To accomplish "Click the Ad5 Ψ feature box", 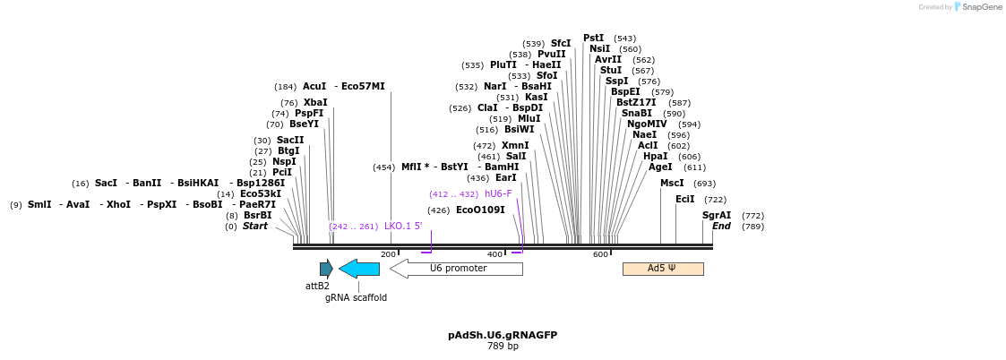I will (x=662, y=269).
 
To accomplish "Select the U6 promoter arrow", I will (x=457, y=269).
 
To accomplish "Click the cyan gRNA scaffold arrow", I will (x=359, y=269).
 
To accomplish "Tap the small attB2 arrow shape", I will (x=326, y=269).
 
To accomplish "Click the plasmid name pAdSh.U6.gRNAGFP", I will (x=503, y=335).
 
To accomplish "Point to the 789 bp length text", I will (x=503, y=346).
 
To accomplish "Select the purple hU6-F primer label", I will (x=498, y=194).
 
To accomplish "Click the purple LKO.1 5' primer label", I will (x=403, y=227).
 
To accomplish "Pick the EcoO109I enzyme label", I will (x=480, y=210).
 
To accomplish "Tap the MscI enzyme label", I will (x=672, y=184).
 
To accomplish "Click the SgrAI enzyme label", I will (x=717, y=216).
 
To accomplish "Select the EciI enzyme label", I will (x=684, y=200).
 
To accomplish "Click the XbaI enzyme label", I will (x=315, y=103).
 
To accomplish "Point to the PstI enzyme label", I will (x=593, y=39).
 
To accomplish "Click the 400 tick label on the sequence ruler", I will (x=494, y=255).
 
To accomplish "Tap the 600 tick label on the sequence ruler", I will (x=600, y=255).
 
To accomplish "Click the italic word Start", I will (x=254, y=227).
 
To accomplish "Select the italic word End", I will (x=721, y=227).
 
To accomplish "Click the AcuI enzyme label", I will (x=314, y=87).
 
